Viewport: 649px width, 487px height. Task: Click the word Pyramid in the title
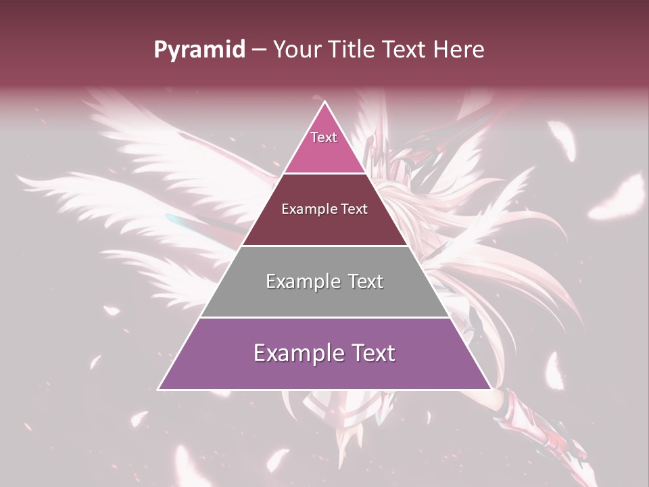tap(199, 50)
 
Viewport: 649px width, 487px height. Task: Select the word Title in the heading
tap(354, 49)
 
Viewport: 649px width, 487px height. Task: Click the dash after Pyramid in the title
tap(259, 50)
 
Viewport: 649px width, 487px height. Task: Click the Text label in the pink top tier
tap(324, 137)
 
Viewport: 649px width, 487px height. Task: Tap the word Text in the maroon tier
tap(354, 210)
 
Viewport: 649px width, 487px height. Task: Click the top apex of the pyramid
tap(325, 102)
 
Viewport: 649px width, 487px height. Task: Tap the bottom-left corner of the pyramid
tap(159, 389)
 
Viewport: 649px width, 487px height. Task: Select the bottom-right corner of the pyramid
tap(490, 389)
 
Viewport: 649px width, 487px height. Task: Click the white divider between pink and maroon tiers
tap(324, 174)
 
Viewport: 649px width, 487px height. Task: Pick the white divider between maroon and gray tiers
tap(324, 246)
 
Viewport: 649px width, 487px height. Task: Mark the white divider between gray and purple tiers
tap(324, 317)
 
